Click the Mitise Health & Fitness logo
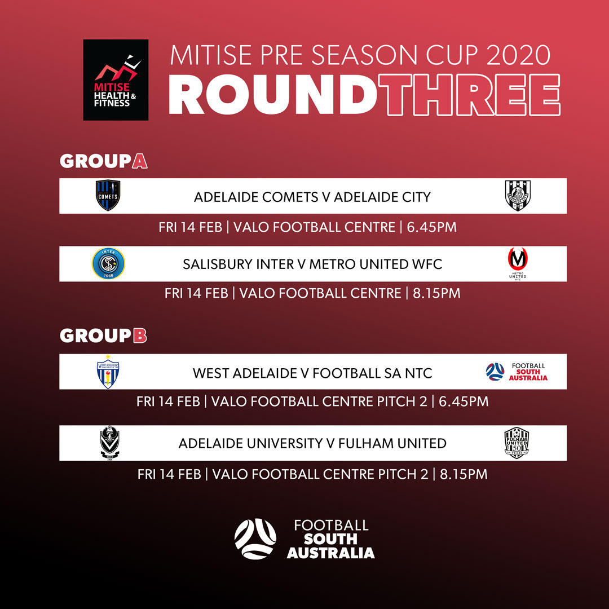coord(116,80)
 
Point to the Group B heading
coord(103,336)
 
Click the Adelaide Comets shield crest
coord(108,195)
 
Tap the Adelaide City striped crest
coord(518,195)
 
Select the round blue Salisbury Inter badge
coord(108,263)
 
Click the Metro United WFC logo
coord(518,264)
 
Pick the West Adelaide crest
coord(108,371)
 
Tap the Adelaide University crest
coord(109,442)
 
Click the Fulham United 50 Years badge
coord(517,443)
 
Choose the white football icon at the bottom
coord(255,539)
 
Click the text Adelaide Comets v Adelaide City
coord(312,197)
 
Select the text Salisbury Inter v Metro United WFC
coord(312,264)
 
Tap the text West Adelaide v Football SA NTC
coord(312,373)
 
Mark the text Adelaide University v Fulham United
coord(312,443)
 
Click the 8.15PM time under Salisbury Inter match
coord(436,293)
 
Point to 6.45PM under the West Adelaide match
coord(464,401)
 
